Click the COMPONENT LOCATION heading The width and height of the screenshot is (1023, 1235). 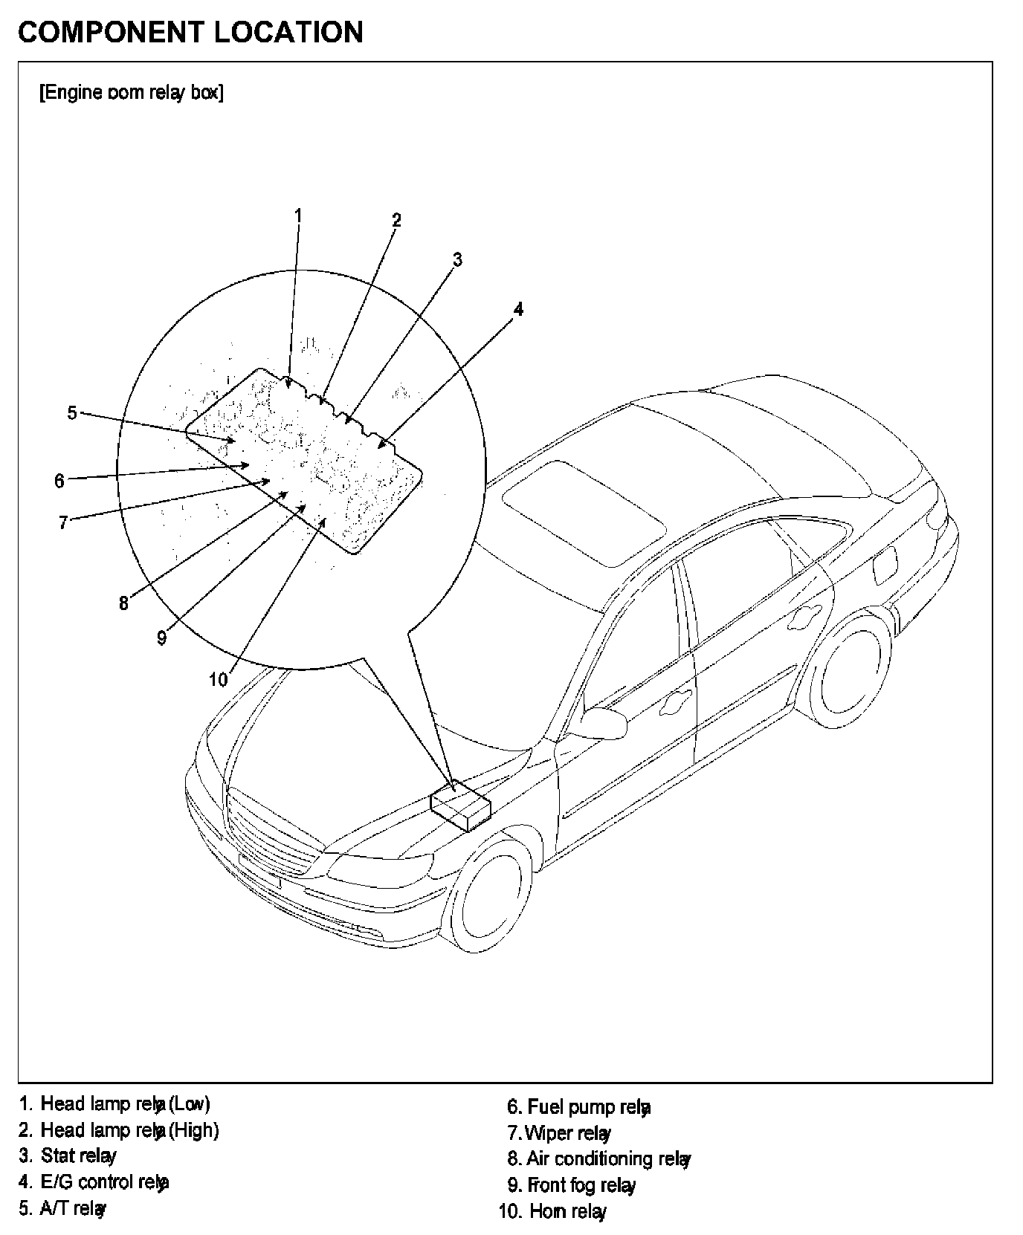pyautogui.click(x=190, y=32)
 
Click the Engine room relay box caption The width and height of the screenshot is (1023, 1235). pyautogui.click(x=131, y=93)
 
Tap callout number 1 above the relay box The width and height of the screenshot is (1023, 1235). pyautogui.click(x=297, y=215)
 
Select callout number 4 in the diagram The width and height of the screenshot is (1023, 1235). pyautogui.click(x=518, y=309)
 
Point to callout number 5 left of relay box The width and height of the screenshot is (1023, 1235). pyautogui.click(x=72, y=412)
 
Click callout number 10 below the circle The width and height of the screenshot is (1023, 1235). pyautogui.click(x=218, y=679)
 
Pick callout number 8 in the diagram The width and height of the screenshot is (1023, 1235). pyautogui.click(x=123, y=603)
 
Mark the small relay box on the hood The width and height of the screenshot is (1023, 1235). pyautogui.click(x=460, y=805)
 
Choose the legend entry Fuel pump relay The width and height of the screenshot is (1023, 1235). pyautogui.click(x=578, y=1107)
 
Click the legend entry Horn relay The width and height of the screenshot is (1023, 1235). pyautogui.click(x=552, y=1211)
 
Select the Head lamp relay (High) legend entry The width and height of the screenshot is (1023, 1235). pyautogui.click(x=119, y=1130)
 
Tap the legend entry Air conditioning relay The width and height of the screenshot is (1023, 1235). pyautogui.click(x=599, y=1158)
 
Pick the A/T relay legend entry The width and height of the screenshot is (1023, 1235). pyautogui.click(x=62, y=1208)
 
